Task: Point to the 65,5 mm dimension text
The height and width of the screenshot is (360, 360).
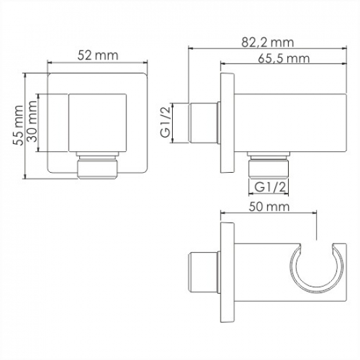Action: [x=283, y=58]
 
